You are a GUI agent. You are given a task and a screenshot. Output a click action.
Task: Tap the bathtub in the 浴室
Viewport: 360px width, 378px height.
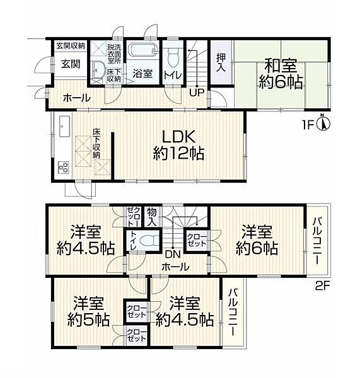click(143, 51)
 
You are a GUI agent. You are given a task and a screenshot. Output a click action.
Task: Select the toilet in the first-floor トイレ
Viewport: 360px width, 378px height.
click(173, 57)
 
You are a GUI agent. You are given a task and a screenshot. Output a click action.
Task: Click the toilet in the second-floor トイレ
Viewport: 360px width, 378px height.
click(149, 241)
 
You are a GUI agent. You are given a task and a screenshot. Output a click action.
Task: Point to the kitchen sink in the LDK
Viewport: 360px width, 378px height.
click(64, 127)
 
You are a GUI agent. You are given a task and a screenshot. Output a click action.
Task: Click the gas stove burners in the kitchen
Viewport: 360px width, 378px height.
click(64, 167)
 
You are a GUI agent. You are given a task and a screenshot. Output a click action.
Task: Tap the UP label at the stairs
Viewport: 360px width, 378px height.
click(197, 93)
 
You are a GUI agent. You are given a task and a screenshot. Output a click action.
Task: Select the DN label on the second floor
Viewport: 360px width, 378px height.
click(172, 255)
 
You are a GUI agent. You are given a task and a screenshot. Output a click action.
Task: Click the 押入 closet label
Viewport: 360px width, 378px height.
click(221, 62)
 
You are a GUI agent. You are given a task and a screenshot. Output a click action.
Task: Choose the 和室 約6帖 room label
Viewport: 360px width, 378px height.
click(281, 74)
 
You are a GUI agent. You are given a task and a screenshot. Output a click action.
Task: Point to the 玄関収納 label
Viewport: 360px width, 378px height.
click(71, 46)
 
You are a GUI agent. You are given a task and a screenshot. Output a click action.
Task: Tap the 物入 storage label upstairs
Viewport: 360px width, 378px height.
click(152, 217)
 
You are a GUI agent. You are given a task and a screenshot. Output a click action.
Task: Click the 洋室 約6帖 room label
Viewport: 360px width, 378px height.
click(257, 240)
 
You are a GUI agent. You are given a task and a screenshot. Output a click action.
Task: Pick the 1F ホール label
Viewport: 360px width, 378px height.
click(77, 98)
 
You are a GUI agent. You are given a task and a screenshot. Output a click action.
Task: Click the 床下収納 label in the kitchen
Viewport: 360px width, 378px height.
click(96, 144)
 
